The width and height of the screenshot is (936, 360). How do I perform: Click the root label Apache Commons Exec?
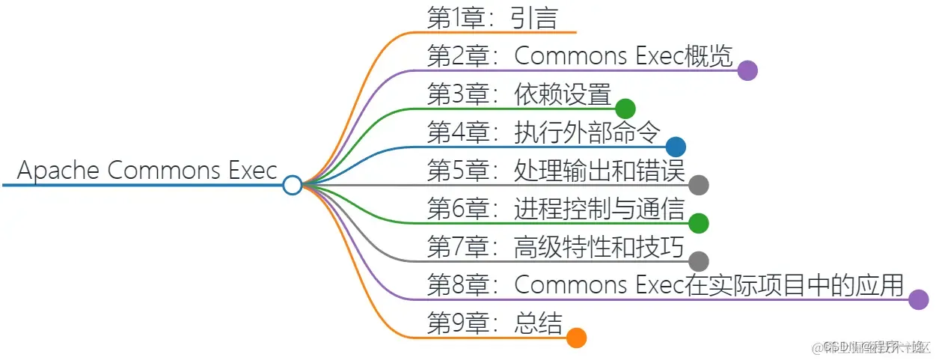pos(147,171)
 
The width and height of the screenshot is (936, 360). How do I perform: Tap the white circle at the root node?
pos(293,184)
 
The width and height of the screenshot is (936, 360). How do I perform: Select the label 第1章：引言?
pos(492,18)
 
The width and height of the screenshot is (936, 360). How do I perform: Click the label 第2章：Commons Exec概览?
pos(579,56)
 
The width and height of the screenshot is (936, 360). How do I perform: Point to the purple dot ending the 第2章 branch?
pos(747,70)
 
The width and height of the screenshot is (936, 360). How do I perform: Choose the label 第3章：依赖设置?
pos(519,95)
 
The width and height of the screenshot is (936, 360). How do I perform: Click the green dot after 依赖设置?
pos(625,109)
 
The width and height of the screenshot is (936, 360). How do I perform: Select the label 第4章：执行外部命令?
pos(543,133)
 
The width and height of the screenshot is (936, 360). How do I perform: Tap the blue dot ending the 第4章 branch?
pos(676,147)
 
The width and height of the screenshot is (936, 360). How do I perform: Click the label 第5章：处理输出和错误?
pos(556,171)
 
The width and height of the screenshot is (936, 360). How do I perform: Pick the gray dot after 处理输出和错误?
pos(698,185)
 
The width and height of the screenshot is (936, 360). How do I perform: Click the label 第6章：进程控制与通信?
pos(556,210)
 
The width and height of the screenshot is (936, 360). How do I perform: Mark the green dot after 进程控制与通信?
pos(698,223)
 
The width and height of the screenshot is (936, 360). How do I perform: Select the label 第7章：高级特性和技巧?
pos(556,248)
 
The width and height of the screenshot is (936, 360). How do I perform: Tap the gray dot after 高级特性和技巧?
pos(698,261)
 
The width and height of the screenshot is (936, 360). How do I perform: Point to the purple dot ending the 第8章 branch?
pos(919,299)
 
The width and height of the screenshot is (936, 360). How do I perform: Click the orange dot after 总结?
pos(575,338)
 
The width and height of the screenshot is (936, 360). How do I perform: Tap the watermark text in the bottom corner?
pos(872,347)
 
